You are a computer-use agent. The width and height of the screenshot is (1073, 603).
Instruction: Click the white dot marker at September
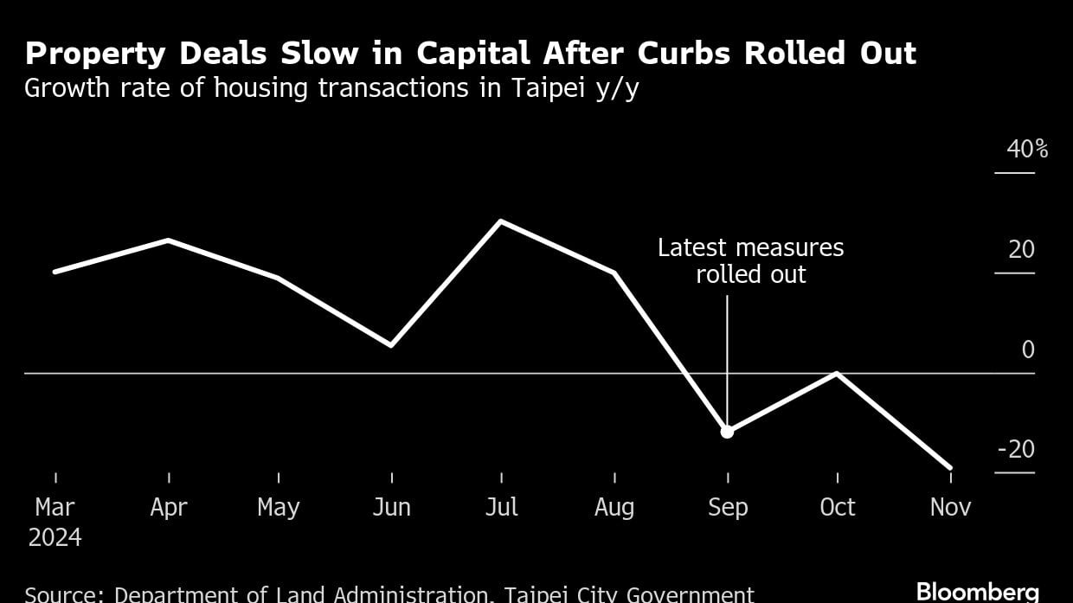point(727,431)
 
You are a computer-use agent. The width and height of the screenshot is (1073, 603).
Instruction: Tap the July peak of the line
point(501,221)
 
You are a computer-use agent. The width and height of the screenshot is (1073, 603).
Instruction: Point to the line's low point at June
point(391,345)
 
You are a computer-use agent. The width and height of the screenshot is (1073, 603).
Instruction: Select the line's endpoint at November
point(950,468)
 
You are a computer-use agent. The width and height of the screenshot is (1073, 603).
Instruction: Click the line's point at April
point(168,240)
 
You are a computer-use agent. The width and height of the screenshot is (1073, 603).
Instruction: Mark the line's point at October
point(837,373)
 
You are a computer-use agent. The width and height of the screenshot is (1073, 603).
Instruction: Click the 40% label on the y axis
point(1027,150)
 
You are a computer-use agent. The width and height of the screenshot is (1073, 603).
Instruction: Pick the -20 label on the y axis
point(1016,450)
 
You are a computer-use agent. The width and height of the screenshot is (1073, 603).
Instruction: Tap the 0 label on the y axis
point(1028,350)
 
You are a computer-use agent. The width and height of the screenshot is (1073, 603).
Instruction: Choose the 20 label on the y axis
point(1021,250)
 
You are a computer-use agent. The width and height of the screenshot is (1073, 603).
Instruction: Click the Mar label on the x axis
point(55,507)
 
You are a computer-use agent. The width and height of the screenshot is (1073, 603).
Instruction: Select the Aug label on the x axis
point(614,507)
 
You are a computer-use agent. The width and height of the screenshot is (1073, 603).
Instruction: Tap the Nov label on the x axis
point(950,507)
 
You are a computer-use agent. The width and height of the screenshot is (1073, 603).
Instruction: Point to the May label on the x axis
point(279,507)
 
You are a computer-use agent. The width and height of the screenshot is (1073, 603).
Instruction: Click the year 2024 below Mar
point(55,538)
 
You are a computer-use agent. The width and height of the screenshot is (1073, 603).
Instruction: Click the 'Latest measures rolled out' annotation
point(750,261)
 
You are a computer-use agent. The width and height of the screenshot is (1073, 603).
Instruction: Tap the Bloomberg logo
point(977,592)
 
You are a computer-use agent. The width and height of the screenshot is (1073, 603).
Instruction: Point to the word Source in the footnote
point(63,594)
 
